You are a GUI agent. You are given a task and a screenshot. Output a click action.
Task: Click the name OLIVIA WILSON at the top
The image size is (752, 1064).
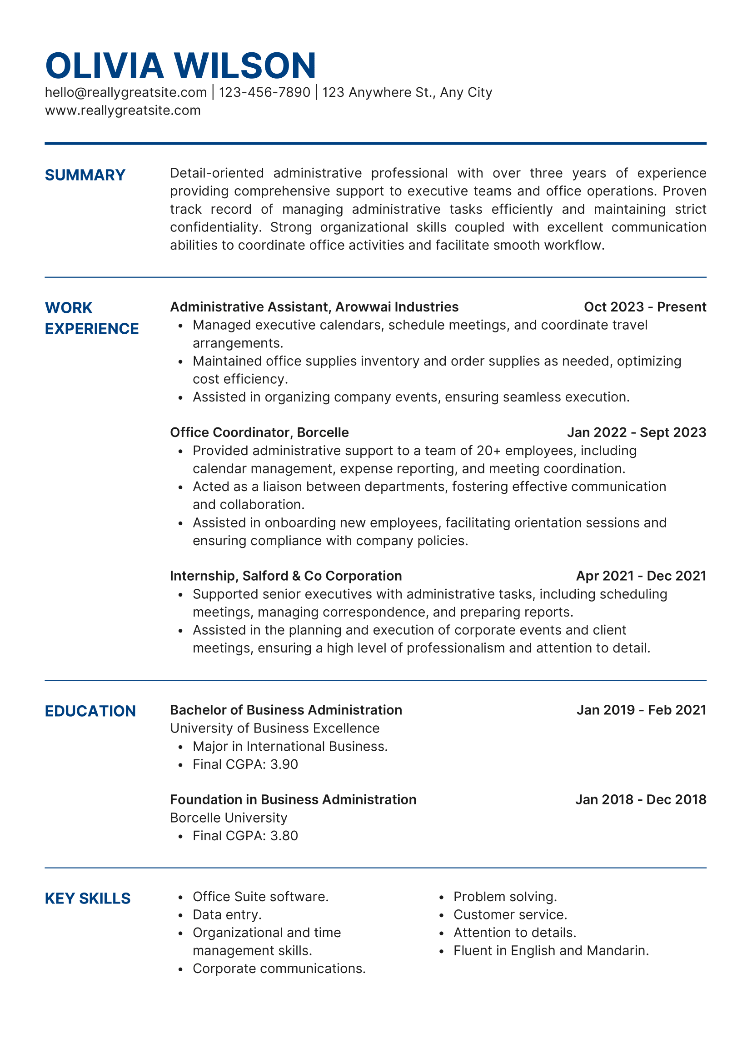[180, 66]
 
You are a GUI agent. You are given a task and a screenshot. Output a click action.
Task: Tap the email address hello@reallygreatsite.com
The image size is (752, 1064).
[125, 92]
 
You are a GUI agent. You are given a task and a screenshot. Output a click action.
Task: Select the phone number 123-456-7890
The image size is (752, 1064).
[264, 92]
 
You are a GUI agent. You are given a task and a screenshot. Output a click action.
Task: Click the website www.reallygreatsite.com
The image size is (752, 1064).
[123, 110]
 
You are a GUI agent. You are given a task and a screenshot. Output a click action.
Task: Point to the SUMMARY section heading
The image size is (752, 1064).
[85, 175]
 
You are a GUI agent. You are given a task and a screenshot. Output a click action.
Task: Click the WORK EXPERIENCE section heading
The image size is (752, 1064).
[91, 318]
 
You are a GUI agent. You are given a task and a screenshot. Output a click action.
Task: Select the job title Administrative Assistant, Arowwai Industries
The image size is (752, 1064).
[314, 307]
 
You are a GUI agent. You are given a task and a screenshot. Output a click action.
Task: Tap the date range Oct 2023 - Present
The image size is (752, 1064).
[645, 307]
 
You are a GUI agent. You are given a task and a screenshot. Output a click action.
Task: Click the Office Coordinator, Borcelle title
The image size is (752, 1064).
[259, 432]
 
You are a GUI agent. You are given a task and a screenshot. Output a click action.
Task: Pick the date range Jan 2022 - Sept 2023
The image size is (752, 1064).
[636, 432]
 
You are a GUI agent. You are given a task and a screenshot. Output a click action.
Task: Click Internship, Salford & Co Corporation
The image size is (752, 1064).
[286, 576]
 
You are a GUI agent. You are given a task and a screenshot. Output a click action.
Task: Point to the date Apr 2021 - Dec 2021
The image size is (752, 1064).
[641, 576]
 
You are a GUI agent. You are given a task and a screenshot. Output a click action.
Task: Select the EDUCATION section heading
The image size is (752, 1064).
[90, 711]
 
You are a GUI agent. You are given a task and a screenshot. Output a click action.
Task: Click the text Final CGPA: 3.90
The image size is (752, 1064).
[245, 764]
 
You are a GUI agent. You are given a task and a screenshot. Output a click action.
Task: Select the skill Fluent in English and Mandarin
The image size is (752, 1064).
[551, 950]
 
